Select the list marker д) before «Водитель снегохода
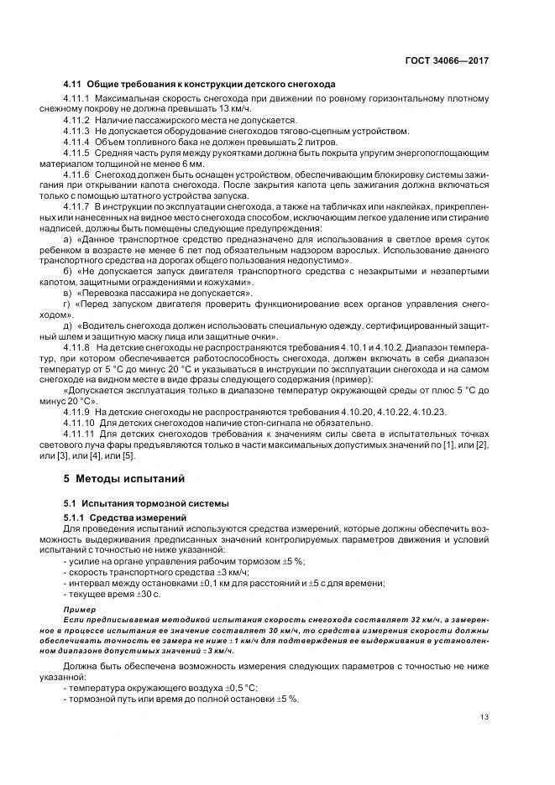68,326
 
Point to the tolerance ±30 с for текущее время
150,593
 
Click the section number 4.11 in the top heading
71,85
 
